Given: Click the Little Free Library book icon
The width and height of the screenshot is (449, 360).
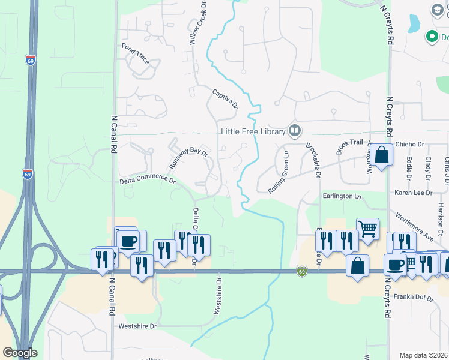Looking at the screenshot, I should click(295, 130).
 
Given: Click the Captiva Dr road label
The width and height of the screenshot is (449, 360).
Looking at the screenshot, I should click(225, 98).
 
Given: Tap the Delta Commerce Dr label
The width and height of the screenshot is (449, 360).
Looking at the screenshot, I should click(148, 179).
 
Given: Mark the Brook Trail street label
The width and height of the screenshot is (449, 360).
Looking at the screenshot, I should click(350, 146).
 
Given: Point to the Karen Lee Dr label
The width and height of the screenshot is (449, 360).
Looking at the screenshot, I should click(413, 193).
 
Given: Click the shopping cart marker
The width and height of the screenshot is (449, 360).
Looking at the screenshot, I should click(367, 228).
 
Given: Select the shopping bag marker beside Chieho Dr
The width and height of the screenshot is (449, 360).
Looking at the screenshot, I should click(381, 155).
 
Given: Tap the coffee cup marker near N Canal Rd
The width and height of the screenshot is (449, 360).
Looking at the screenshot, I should click(127, 241).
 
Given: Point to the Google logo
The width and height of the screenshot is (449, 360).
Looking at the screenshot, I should click(20, 353).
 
